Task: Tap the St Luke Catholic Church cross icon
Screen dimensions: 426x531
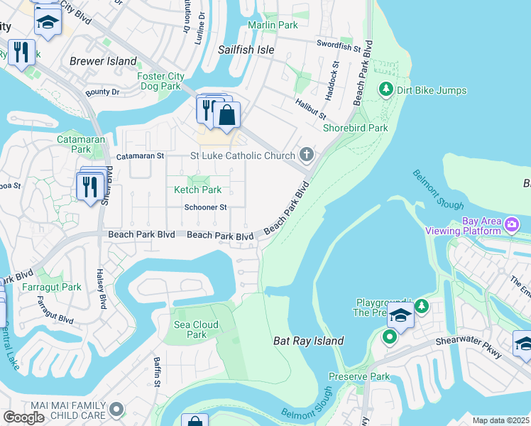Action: click(x=306, y=155)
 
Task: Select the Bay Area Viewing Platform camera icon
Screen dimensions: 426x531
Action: click(x=512, y=225)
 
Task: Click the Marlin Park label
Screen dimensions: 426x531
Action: click(x=273, y=25)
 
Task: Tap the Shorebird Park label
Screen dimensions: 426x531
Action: click(x=355, y=128)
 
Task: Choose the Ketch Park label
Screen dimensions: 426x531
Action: click(x=198, y=190)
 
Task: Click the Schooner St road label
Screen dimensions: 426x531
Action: click(x=205, y=207)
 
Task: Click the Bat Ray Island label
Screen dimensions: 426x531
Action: click(x=309, y=341)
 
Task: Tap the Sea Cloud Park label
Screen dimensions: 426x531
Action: click(x=196, y=329)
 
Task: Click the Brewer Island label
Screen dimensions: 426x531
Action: click(x=103, y=61)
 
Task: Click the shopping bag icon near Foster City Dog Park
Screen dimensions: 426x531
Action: click(x=226, y=116)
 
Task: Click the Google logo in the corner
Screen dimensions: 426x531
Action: click(x=23, y=417)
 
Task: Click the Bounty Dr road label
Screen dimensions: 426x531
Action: click(x=103, y=92)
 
